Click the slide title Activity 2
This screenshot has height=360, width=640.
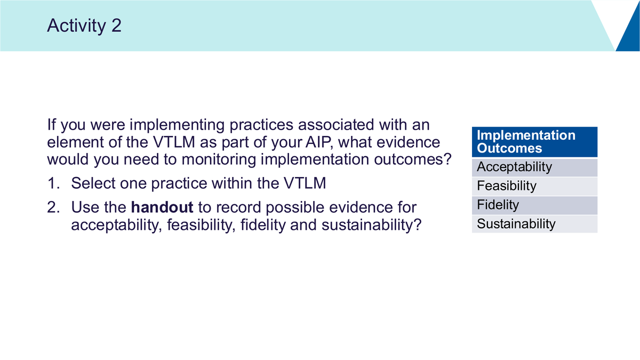(84, 26)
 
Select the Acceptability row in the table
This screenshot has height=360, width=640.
(534, 167)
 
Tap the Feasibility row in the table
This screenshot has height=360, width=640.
(534, 186)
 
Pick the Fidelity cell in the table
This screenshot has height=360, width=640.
(534, 205)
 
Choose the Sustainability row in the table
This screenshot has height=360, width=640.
(534, 224)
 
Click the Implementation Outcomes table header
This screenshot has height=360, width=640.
(534, 142)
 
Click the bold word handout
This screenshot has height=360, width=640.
(162, 207)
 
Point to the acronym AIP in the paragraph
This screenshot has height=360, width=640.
(319, 142)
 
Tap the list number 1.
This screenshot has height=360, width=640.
(53, 183)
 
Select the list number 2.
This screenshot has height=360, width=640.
(53, 207)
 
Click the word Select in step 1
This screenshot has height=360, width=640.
(93, 183)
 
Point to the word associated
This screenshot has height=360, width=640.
(336, 125)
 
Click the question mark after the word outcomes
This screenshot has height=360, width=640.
(447, 159)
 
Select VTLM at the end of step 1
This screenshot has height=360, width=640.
(305, 183)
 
